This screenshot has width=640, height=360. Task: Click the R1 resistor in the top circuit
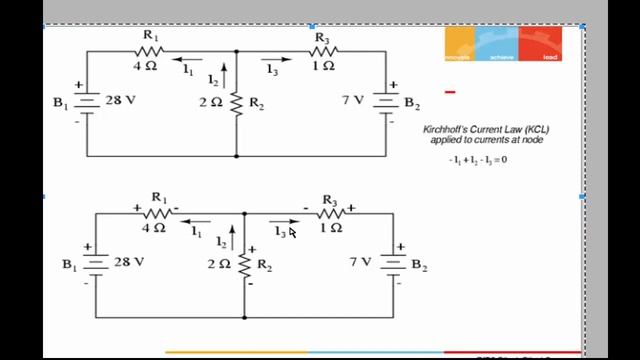(x=151, y=50)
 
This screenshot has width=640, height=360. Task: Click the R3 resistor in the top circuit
(x=322, y=51)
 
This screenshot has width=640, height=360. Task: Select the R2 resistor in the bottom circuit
(x=245, y=265)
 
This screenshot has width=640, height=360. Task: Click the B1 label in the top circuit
(x=61, y=103)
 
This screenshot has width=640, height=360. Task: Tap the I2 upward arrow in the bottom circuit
(x=232, y=237)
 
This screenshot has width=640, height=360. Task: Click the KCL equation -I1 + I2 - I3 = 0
(x=478, y=160)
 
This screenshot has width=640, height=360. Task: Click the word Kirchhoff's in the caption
(x=448, y=130)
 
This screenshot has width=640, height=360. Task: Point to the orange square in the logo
(x=458, y=44)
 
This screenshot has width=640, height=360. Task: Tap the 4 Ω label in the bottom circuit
(x=152, y=228)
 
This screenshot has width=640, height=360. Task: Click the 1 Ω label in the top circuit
(x=321, y=66)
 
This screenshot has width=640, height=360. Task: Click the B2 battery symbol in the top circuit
(x=386, y=102)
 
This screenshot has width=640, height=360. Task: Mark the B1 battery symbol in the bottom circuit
(x=96, y=264)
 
